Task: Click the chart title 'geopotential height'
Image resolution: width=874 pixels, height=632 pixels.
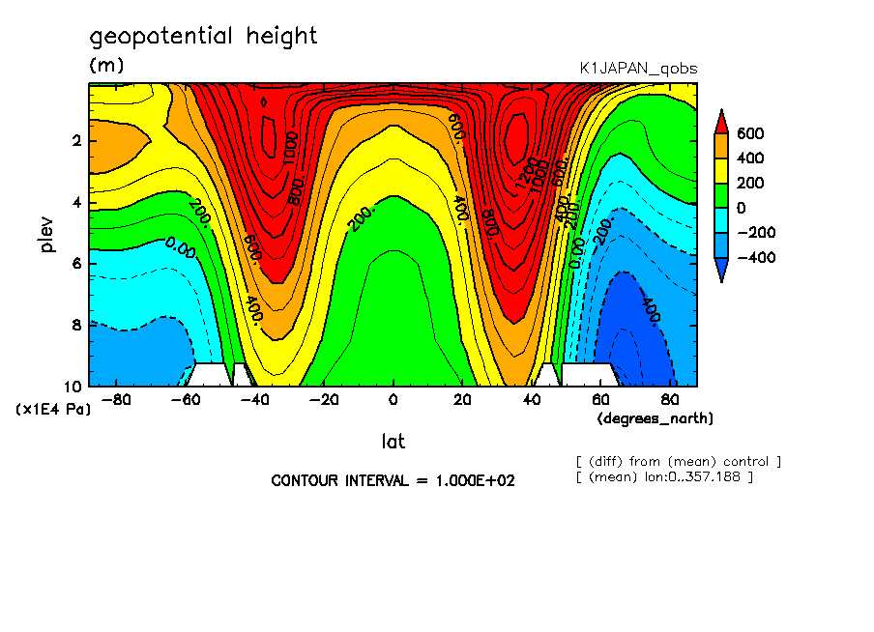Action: [x=203, y=37]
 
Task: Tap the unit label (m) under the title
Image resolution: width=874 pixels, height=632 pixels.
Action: [x=106, y=66]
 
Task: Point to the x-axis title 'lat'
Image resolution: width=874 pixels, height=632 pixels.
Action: [x=393, y=442]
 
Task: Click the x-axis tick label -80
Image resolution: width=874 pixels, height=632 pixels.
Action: [x=116, y=399]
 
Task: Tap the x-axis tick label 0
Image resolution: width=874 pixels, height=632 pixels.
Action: [x=393, y=399]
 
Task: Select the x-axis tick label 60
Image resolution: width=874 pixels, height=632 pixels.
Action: [x=600, y=399]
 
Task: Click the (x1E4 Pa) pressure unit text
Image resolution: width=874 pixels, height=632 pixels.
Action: [x=54, y=410]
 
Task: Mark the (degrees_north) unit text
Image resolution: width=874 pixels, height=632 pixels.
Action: [x=655, y=418]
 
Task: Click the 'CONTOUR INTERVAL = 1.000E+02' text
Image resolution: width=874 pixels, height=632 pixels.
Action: [x=393, y=480]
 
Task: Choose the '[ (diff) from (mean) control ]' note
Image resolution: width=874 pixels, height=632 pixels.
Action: [x=678, y=461]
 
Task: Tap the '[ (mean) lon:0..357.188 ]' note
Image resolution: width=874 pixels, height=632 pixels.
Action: [x=663, y=476]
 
